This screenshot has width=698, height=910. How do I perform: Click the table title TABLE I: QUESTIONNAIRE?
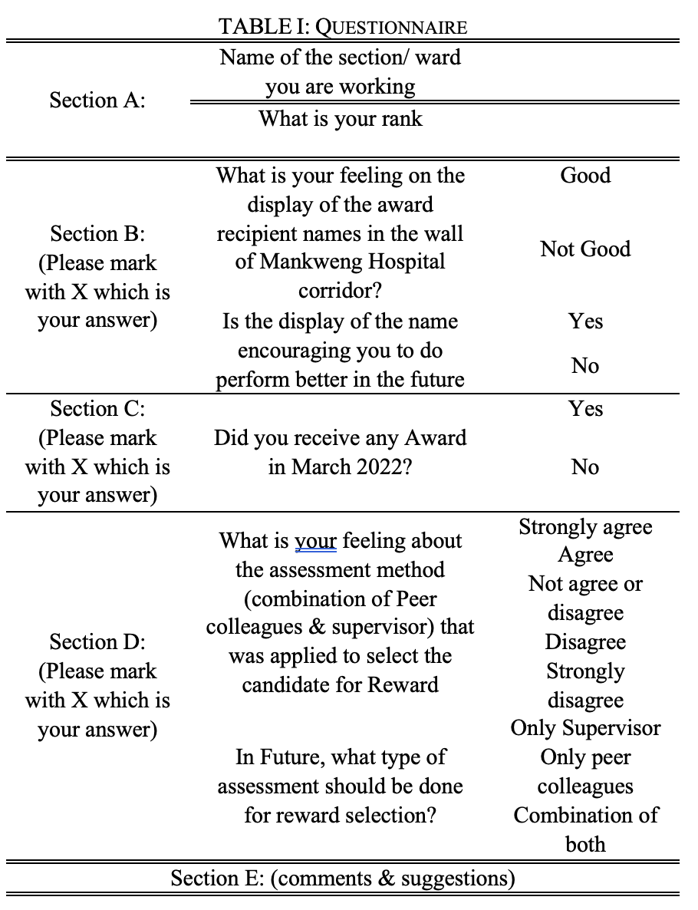(342, 28)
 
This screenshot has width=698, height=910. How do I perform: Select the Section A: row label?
(97, 100)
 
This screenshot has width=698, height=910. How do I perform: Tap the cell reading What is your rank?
(340, 119)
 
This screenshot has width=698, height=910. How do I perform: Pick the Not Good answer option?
(585, 249)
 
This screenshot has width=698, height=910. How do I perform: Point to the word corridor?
(340, 291)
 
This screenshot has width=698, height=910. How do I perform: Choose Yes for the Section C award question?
(585, 409)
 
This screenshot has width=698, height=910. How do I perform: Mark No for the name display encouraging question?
(585, 366)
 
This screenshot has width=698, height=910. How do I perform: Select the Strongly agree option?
(585, 527)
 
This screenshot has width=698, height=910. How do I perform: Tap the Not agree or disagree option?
(585, 598)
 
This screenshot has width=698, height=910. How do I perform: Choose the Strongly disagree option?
(585, 685)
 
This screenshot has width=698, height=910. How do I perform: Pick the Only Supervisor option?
(585, 728)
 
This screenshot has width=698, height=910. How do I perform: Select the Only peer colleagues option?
(585, 772)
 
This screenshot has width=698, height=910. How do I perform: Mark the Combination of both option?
(585, 829)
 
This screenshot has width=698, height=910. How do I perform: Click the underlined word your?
(315, 541)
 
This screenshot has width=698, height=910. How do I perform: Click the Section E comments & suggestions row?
(342, 878)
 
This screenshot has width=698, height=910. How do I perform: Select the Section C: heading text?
(97, 409)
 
